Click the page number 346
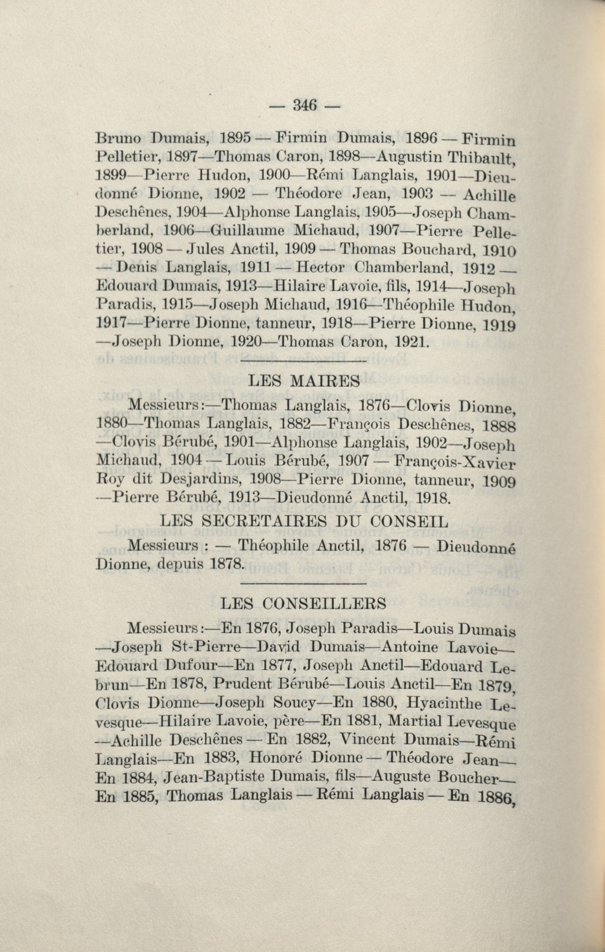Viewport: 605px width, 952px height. coord(304,106)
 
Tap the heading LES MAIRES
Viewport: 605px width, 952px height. coord(304,381)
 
